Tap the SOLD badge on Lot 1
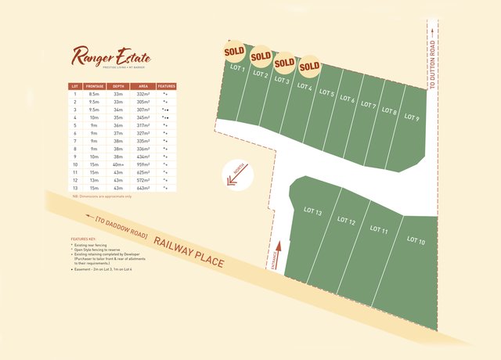(234, 52)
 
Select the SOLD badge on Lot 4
(310, 67)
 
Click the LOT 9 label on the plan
(412, 119)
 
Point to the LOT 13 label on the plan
(313, 211)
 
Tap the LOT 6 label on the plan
(348, 100)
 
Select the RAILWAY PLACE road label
(189, 250)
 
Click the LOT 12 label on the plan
(346, 221)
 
